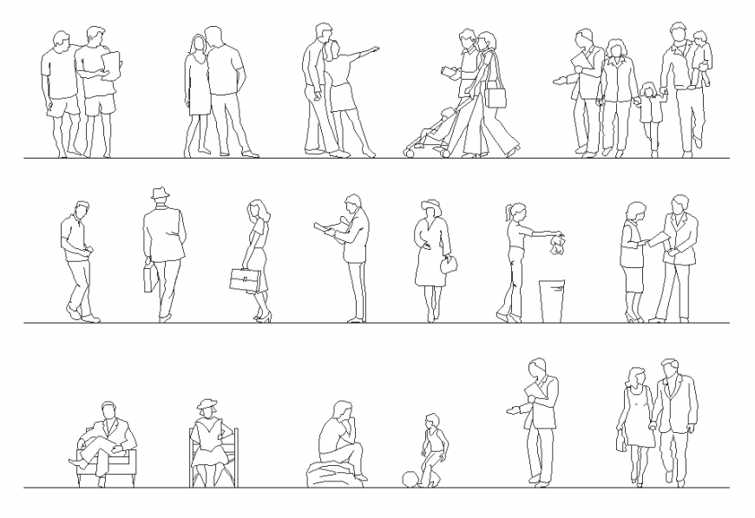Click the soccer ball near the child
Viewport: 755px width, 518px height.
408,479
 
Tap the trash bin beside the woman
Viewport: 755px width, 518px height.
552,300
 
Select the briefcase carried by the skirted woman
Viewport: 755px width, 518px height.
244,280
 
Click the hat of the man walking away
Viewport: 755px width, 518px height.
160,193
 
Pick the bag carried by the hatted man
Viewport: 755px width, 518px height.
149,278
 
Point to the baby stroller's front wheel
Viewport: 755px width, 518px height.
409,152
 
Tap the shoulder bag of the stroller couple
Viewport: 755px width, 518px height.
496,95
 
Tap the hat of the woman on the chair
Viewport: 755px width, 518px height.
207,403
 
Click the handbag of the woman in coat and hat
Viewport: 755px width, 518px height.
449,266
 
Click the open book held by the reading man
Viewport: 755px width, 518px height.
327,228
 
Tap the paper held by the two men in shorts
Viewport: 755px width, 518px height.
111,64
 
